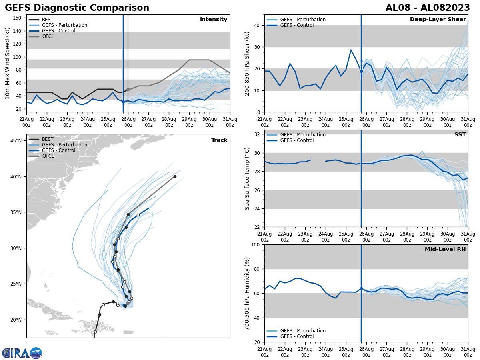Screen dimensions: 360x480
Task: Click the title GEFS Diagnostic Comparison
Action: pos(77,8)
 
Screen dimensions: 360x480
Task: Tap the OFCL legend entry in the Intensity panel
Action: pos(48,36)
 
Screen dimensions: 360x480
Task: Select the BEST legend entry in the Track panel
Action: pos(48,139)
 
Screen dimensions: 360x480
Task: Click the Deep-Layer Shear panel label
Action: pos(438,20)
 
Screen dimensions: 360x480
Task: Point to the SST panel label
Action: pos(460,135)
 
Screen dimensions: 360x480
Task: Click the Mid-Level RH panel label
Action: pos(445,250)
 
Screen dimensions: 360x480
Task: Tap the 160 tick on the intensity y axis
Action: pos(18,18)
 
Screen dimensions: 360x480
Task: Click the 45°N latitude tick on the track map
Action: pos(16,141)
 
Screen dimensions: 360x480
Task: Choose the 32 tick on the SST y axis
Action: pos(258,134)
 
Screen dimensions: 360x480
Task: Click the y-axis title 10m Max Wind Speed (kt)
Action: pos(8,63)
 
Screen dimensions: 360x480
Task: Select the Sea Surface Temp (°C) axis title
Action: pos(247,178)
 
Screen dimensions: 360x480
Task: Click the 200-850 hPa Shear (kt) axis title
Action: pos(247,63)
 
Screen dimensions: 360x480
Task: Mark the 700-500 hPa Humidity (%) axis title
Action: pos(247,293)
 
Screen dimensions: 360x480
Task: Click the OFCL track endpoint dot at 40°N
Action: pos(175,176)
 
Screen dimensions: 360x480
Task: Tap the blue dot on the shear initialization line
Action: pos(361,72)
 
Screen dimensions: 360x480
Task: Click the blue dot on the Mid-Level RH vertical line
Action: pos(361,288)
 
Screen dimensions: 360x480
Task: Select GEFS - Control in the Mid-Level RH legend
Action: pos(297,336)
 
